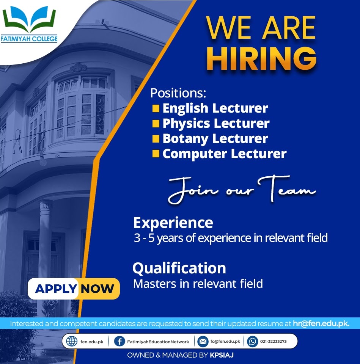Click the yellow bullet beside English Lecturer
coord(156,108)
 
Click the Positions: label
coord(178,93)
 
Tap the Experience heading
coord(173,223)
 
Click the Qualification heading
coord(179,268)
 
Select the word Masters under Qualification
coord(155,284)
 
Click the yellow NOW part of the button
coord(97,289)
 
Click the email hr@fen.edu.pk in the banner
coord(321,323)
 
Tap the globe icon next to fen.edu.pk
coord(72,342)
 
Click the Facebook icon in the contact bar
coord(119,342)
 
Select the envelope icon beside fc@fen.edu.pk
coord(203,342)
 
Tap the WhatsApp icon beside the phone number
coord(253,342)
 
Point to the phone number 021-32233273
coord(274,342)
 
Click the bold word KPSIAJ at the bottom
coord(222,355)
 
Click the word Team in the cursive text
coord(287,189)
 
